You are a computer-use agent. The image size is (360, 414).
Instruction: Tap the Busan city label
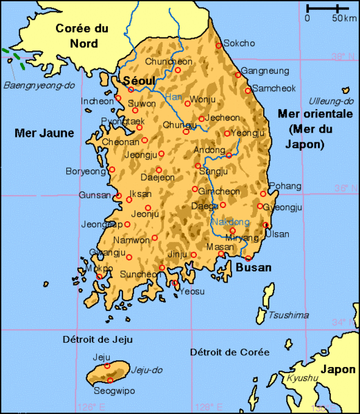[254, 267]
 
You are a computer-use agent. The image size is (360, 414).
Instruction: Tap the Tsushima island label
[288, 315]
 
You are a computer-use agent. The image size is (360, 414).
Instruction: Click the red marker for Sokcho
[219, 46]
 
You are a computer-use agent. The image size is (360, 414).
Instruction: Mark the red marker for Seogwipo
[110, 380]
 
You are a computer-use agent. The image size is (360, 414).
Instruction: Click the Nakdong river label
[230, 222]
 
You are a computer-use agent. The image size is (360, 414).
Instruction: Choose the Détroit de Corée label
[229, 352]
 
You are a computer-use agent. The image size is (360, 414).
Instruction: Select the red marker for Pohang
[263, 194]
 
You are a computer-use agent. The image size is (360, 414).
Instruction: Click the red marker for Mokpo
[99, 276]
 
